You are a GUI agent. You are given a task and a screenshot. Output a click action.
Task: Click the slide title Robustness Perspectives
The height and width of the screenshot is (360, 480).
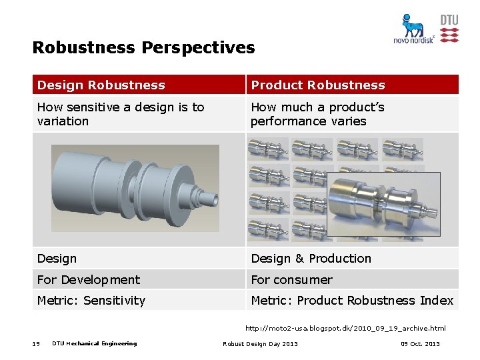pyautogui.click(x=143, y=48)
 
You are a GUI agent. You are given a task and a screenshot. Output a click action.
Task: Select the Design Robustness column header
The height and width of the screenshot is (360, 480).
pyautogui.click(x=101, y=85)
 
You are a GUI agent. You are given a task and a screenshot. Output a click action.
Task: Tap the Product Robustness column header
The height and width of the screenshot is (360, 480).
pyautogui.click(x=318, y=85)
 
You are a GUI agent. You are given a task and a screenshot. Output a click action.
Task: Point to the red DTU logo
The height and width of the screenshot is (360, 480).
pyautogui.click(x=449, y=29)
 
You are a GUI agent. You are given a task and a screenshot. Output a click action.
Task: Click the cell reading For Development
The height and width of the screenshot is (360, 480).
pyautogui.click(x=89, y=279)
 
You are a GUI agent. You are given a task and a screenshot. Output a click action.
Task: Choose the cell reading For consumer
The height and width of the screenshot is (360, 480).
pyautogui.click(x=291, y=279)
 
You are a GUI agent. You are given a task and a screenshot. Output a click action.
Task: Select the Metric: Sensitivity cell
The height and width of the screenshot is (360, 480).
pyautogui.click(x=91, y=301)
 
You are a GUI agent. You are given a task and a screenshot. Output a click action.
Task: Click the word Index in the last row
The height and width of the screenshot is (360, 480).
pyautogui.click(x=437, y=301)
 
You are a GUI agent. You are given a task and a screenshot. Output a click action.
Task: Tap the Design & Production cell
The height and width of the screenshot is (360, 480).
pyautogui.click(x=311, y=259)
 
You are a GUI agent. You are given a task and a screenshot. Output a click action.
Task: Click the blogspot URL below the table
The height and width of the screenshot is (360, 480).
pyautogui.click(x=345, y=328)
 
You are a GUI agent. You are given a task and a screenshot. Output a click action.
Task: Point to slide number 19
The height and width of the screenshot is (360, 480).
pyautogui.click(x=36, y=344)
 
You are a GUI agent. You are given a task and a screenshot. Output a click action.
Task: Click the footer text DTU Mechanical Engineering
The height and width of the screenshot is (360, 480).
pyautogui.click(x=94, y=344)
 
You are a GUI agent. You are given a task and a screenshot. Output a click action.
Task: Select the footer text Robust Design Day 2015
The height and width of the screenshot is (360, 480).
pyautogui.click(x=260, y=344)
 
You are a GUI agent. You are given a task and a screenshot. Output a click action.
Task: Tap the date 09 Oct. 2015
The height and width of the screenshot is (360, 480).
pyautogui.click(x=420, y=344)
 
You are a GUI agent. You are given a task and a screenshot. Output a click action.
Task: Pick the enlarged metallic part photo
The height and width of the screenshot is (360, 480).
pyautogui.click(x=383, y=206)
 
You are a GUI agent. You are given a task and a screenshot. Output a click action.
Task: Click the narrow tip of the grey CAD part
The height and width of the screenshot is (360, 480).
pyautogui.click(x=213, y=198)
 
